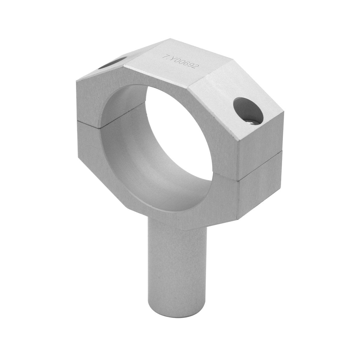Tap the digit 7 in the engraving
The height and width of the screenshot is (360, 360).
point(165,56)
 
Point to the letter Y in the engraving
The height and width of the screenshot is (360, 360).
point(170,58)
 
